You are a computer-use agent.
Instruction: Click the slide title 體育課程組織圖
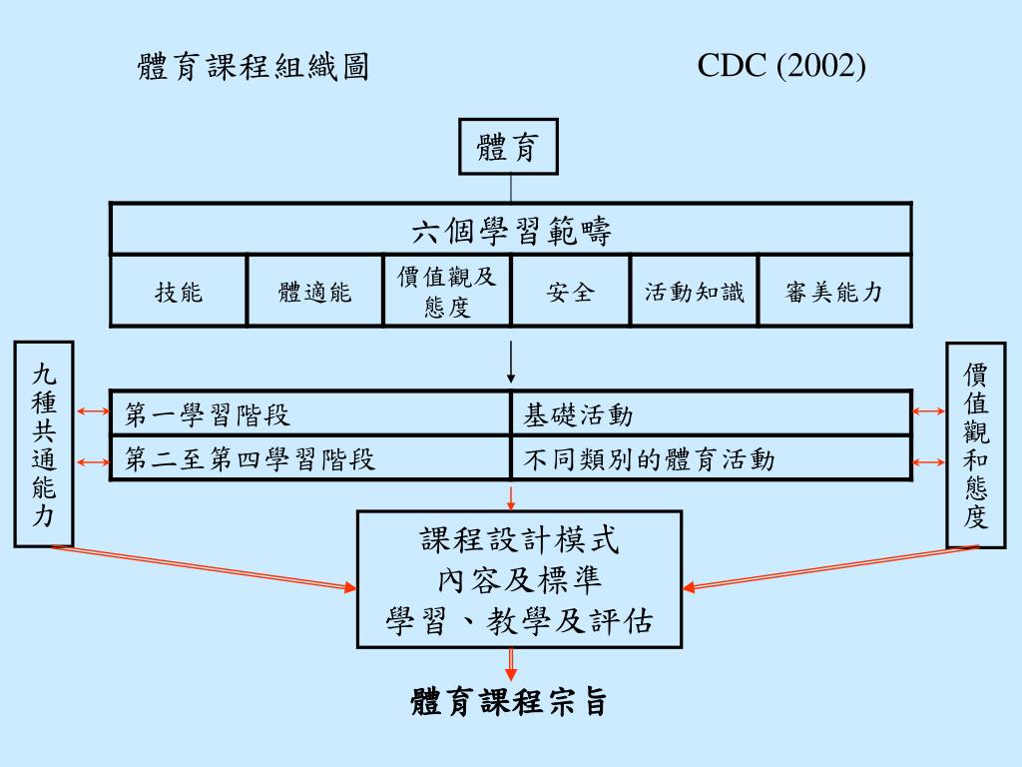[254, 68]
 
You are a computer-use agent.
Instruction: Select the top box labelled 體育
[508, 147]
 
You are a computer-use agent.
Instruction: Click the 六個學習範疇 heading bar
[510, 231]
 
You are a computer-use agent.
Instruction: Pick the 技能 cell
[179, 292]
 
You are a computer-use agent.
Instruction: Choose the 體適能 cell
[314, 292]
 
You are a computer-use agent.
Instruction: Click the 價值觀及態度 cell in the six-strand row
[446, 291]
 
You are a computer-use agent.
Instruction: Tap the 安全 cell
[570, 292]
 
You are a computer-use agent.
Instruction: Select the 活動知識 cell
[695, 292]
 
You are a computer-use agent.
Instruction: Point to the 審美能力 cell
[834, 292]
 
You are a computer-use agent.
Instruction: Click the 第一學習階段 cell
[309, 413]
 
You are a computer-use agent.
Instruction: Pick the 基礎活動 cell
[711, 413]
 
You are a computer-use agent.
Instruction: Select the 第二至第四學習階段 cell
[309, 459]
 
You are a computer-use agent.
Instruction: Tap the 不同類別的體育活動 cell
[711, 459]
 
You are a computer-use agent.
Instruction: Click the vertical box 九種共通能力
[44, 444]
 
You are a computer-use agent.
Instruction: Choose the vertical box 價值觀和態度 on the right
[975, 444]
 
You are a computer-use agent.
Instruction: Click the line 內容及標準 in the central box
[519, 580]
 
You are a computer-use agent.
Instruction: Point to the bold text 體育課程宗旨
[509, 702]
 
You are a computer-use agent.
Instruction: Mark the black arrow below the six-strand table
[511, 363]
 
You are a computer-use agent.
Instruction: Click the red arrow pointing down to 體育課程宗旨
[511, 664]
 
